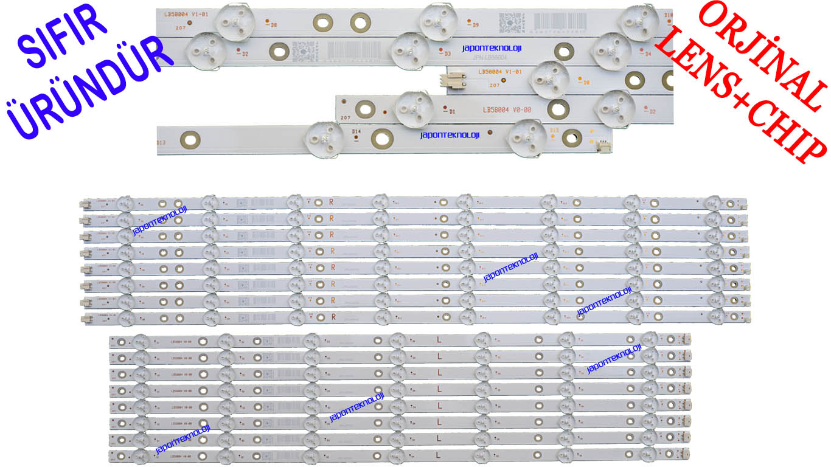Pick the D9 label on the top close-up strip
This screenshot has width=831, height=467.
pos(475,25)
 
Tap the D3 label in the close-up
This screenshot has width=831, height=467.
pos(448,54)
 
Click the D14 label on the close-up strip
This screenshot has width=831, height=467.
pos(356,131)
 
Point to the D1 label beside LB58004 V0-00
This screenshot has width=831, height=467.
pos(453,111)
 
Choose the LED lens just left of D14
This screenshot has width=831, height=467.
pos(325,140)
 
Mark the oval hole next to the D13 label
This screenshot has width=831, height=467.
pos(191,140)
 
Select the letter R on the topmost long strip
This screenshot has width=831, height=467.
pos(332,201)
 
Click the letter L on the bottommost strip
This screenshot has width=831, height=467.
pos(439,454)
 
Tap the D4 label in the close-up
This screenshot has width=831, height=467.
pos(648,54)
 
